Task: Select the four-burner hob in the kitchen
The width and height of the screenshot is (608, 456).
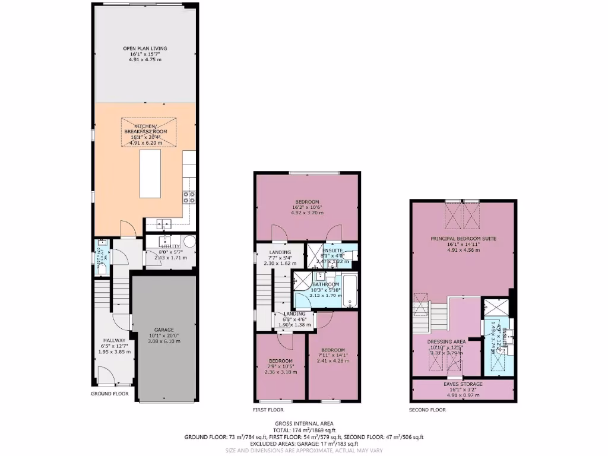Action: (x=189, y=197)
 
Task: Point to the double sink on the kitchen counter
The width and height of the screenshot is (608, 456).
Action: (x=165, y=224)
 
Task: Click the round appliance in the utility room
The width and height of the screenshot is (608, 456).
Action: (x=189, y=242)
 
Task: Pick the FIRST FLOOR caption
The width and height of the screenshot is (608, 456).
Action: (x=268, y=410)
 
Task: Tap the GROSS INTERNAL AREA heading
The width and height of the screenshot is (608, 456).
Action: (x=303, y=423)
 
